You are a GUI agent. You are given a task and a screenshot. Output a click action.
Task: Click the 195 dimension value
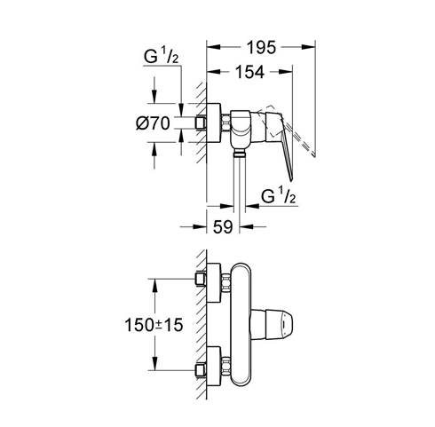click(261, 47)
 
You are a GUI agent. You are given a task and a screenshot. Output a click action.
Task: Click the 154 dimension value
click(249, 72)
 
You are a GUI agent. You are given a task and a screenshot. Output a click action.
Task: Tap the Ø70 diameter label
click(153, 123)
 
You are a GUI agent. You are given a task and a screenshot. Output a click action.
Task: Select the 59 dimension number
click(223, 227)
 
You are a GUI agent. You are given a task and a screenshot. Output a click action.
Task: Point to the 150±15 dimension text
click(154, 325)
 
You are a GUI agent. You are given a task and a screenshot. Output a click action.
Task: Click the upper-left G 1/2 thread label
click(161, 56)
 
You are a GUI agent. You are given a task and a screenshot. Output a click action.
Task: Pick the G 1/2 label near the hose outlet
click(278, 195)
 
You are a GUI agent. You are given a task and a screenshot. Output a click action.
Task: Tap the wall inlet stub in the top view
click(201, 123)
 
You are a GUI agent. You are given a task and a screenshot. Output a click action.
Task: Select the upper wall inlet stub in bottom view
click(201, 279)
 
